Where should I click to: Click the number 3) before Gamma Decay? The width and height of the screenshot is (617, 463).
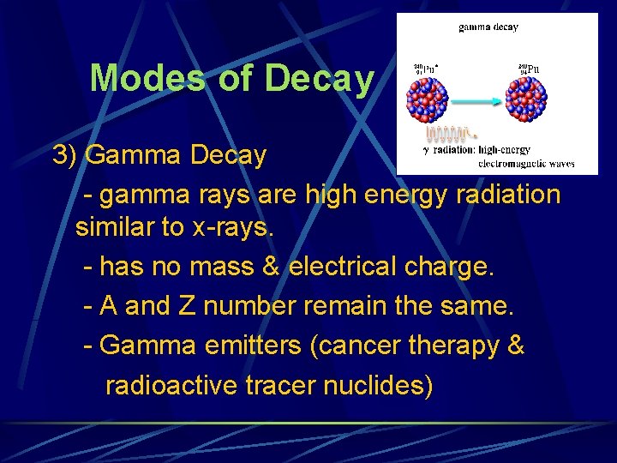65,155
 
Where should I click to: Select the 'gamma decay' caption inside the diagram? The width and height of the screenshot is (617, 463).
488,27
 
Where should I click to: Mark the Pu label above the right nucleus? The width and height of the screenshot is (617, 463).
530,69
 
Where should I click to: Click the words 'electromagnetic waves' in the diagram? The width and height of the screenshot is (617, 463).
525,162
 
